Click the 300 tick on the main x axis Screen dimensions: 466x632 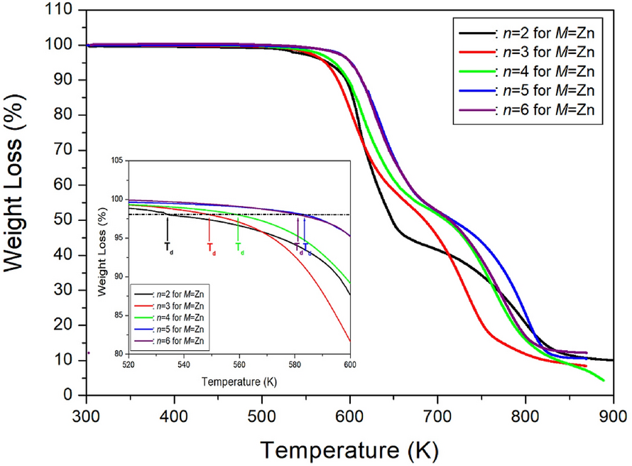(86, 414)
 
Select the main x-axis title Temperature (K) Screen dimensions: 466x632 (349, 449)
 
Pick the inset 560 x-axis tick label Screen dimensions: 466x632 (239, 364)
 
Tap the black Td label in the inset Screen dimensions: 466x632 (169, 248)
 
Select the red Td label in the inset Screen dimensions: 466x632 (211, 248)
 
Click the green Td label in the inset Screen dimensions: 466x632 (240, 248)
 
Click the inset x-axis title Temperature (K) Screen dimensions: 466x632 (239, 381)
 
